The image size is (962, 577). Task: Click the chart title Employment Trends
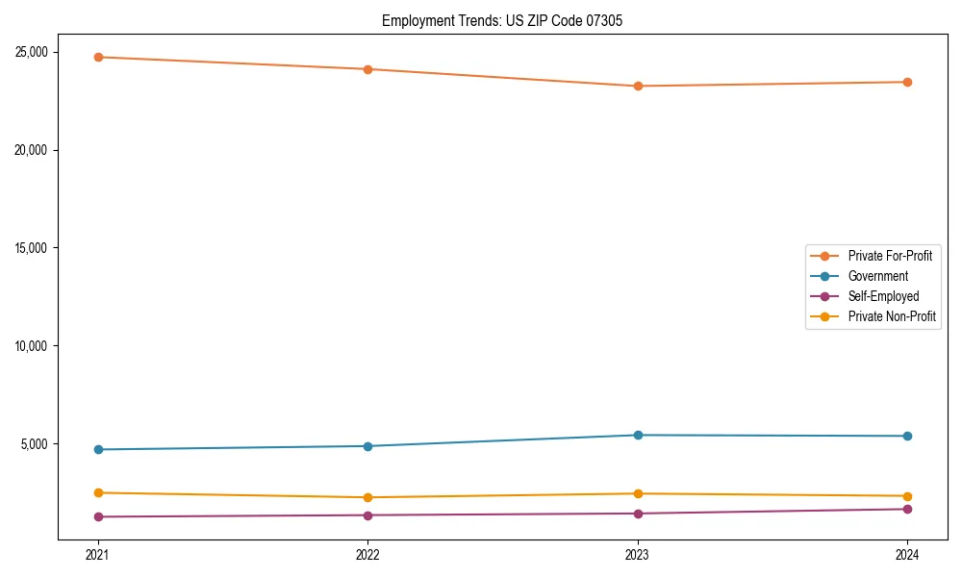pyautogui.click(x=502, y=20)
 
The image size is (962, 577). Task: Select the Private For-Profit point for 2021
pyautogui.click(x=98, y=57)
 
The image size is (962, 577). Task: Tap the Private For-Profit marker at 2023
pyautogui.click(x=638, y=86)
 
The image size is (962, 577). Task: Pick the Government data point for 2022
pyautogui.click(x=367, y=446)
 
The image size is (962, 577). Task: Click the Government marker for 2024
pyautogui.click(x=907, y=436)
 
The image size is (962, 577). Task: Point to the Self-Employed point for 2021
pyautogui.click(x=98, y=516)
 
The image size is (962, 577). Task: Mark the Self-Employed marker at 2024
pyautogui.click(x=907, y=509)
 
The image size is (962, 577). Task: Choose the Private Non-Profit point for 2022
pyautogui.click(x=367, y=497)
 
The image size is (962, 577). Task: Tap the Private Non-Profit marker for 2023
pyautogui.click(x=638, y=493)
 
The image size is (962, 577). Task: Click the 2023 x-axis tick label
pyautogui.click(x=638, y=555)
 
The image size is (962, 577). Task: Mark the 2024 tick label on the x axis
pyautogui.click(x=907, y=555)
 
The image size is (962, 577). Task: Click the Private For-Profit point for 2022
pyautogui.click(x=367, y=69)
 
